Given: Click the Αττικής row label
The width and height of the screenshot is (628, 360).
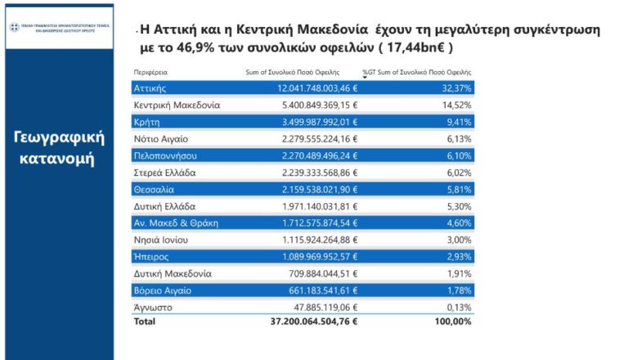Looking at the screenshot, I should coord(150,88).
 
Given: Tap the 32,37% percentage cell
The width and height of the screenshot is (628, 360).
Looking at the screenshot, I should coord(456,88).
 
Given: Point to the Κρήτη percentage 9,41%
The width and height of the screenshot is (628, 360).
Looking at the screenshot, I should coord(459,122).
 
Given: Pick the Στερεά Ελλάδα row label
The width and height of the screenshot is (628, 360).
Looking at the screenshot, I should coord(164,173).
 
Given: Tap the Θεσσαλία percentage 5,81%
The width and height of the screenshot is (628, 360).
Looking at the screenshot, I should coord(459,189).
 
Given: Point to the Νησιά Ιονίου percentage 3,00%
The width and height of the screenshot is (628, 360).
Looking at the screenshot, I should coord(459,240).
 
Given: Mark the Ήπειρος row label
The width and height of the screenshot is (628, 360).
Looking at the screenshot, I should coord(151,256).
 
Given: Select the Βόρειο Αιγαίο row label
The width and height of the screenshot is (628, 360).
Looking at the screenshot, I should coord(162,290).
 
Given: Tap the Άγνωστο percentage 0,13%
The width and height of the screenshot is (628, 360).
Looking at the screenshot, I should coord(459,307).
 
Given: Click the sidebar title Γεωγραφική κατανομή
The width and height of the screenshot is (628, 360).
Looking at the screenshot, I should coord(56,147).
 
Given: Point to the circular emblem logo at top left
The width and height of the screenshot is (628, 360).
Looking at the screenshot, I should coord(15,27).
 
